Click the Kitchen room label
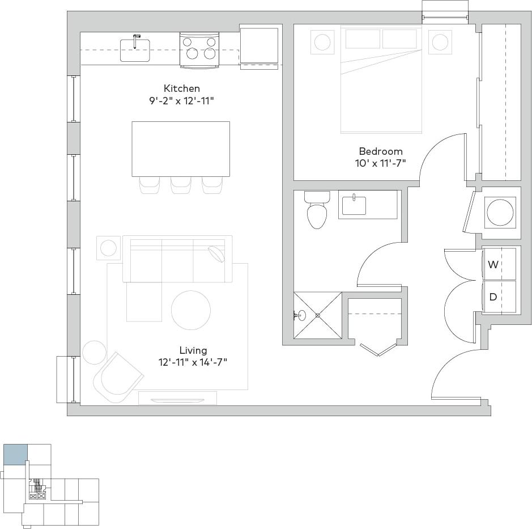pos(181,88)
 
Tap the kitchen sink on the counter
pos(135,50)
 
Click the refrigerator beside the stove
pos(259,46)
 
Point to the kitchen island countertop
pos(181,149)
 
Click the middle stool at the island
pos(181,185)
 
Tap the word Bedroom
pos(380,151)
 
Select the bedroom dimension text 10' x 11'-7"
pos(380,163)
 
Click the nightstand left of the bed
pos(322,42)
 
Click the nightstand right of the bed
pos(440,42)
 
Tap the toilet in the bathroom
pos(317,211)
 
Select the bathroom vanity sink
pos(354,205)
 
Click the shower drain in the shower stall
pos(317,315)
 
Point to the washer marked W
pos(499,264)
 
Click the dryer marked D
pos(499,297)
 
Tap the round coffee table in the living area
pos(191,310)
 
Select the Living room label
pos(193,350)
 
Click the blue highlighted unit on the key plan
pos(15,455)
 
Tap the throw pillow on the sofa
pos(216,253)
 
